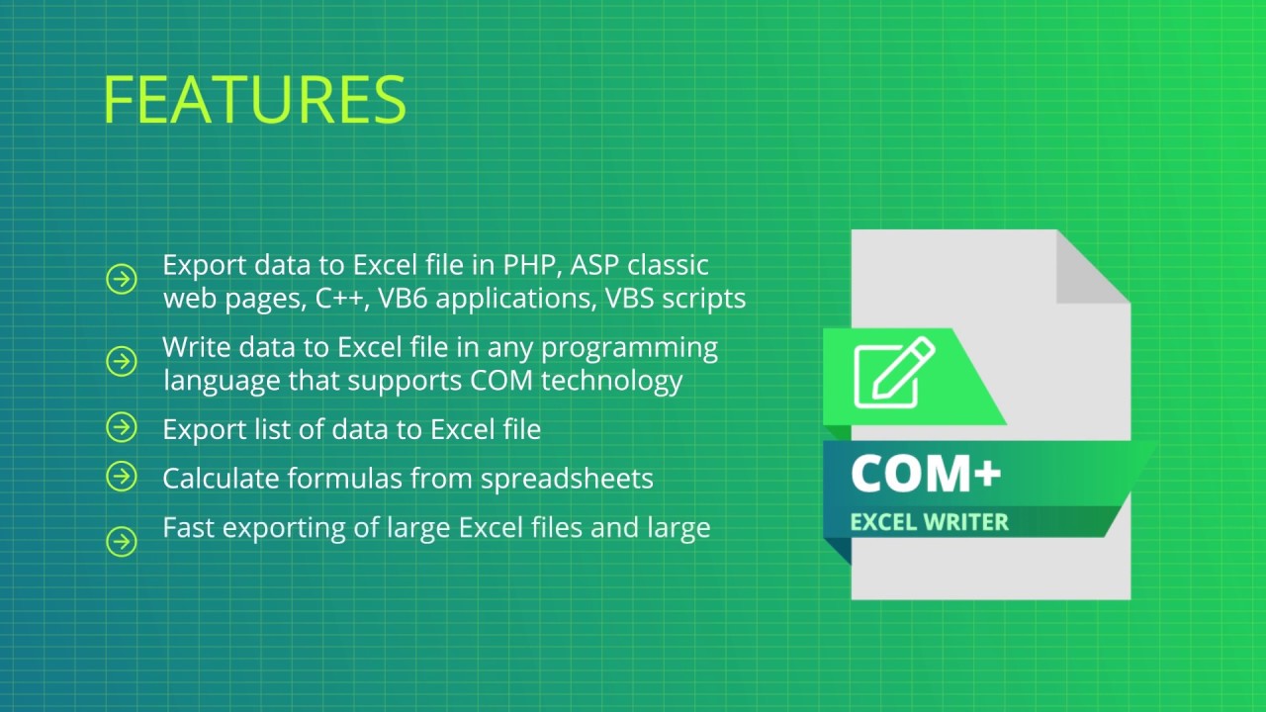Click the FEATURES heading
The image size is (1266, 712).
click(x=254, y=99)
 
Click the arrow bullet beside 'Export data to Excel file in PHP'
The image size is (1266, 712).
click(x=122, y=281)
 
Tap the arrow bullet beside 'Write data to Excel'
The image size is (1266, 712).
click(x=122, y=362)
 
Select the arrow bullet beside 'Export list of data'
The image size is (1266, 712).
click(x=122, y=428)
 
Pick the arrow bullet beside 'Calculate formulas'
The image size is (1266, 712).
click(x=122, y=477)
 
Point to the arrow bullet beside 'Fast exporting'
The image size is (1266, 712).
click(x=122, y=542)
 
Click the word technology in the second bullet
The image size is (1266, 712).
click(x=633, y=381)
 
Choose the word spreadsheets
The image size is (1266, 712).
click(x=567, y=479)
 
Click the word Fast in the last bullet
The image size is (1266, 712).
click(x=188, y=527)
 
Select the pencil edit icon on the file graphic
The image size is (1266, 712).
click(x=893, y=373)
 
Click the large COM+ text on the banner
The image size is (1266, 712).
click(x=926, y=474)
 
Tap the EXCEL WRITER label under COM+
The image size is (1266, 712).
click(x=929, y=521)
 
